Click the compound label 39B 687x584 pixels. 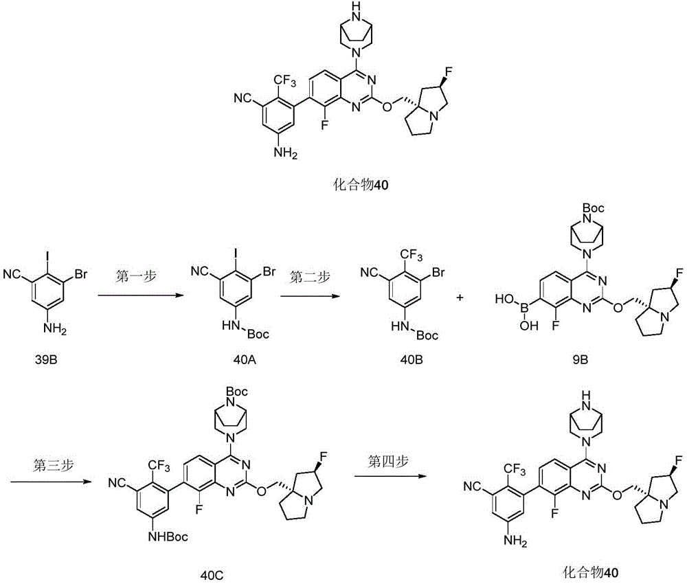[46, 360]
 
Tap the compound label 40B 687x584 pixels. [412, 360]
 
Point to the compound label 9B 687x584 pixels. [580, 360]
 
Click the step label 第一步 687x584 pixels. [136, 277]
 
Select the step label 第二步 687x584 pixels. [310, 277]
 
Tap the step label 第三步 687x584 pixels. [53, 464]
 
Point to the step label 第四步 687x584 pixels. [388, 461]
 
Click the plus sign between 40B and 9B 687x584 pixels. [460, 298]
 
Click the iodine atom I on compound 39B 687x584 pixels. [47, 255]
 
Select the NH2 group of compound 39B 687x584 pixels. [55, 328]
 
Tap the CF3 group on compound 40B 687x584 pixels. [411, 255]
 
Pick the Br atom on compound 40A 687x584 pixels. [269, 272]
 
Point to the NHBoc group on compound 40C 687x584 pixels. [168, 536]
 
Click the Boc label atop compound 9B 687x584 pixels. [594, 208]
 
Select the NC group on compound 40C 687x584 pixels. [118, 483]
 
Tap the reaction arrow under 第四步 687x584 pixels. [390, 476]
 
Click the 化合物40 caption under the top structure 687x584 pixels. [361, 184]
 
